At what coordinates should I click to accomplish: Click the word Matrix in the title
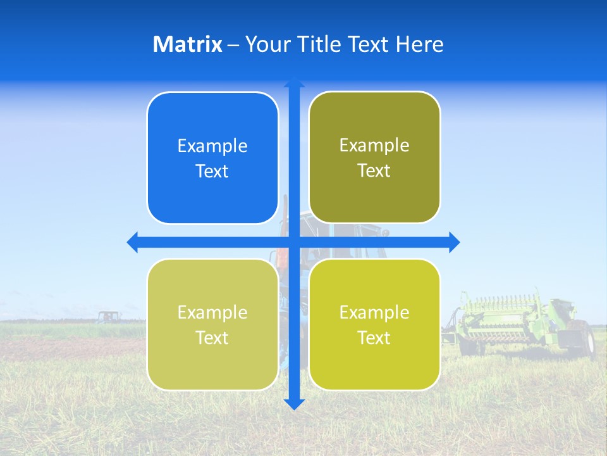tap(187, 44)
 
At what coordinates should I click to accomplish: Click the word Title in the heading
tap(322, 44)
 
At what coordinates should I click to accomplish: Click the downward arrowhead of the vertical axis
tap(294, 404)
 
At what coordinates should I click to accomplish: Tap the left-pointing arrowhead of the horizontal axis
tap(132, 242)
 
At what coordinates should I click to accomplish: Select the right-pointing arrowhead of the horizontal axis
tap(454, 242)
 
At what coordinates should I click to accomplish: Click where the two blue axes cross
tap(294, 242)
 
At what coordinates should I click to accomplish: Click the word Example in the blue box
tap(212, 146)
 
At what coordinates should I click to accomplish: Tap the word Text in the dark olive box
tap(374, 171)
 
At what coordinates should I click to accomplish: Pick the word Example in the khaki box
tap(212, 312)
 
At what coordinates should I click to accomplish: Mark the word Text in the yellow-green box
tap(374, 338)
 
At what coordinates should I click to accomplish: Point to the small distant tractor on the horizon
tap(108, 316)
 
